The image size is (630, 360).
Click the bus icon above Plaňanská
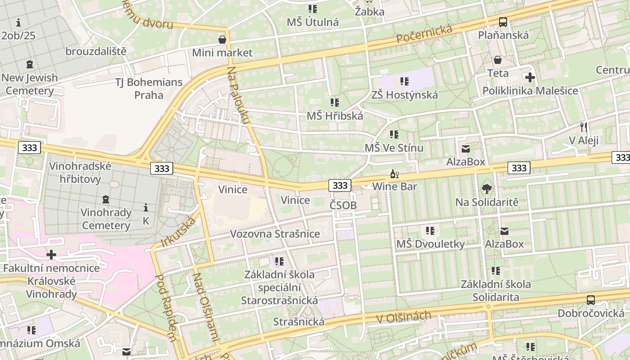[503, 22]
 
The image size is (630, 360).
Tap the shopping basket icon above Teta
[498, 60]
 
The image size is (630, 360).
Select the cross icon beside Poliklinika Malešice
[530, 77]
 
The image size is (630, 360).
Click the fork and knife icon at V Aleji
[584, 127]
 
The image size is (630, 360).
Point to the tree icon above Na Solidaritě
[486, 189]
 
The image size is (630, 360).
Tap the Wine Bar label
[395, 186]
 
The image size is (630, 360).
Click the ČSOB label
[343, 206]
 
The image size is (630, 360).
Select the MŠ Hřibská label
[335, 116]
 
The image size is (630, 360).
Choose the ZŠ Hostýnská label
[405, 95]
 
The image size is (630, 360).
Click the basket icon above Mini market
[222, 40]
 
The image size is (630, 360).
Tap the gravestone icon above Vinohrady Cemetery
[106, 199]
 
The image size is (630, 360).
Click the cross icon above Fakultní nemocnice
[51, 255]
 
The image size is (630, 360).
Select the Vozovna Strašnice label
[275, 234]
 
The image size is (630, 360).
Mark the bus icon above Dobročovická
[591, 300]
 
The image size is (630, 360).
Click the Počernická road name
[424, 34]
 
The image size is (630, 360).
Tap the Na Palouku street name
[238, 95]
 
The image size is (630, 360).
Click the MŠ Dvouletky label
[430, 244]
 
